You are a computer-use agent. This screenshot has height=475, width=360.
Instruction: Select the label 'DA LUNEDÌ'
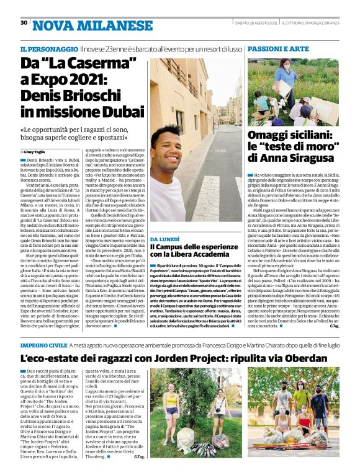coord(164,238)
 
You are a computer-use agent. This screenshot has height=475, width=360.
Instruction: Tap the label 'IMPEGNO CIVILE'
coord(42,344)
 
